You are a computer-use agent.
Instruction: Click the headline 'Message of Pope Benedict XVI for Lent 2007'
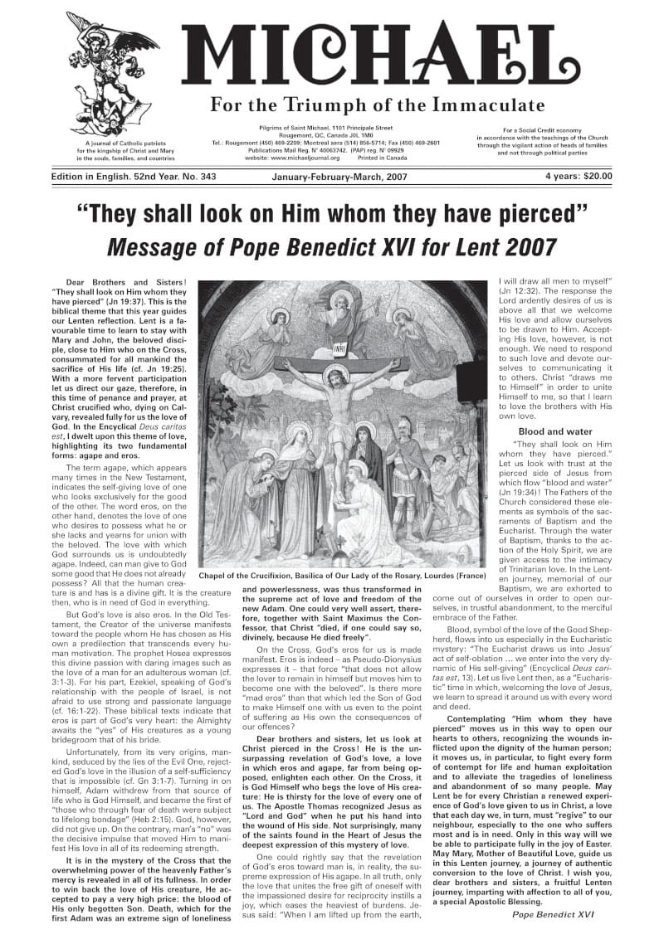point(331,248)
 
